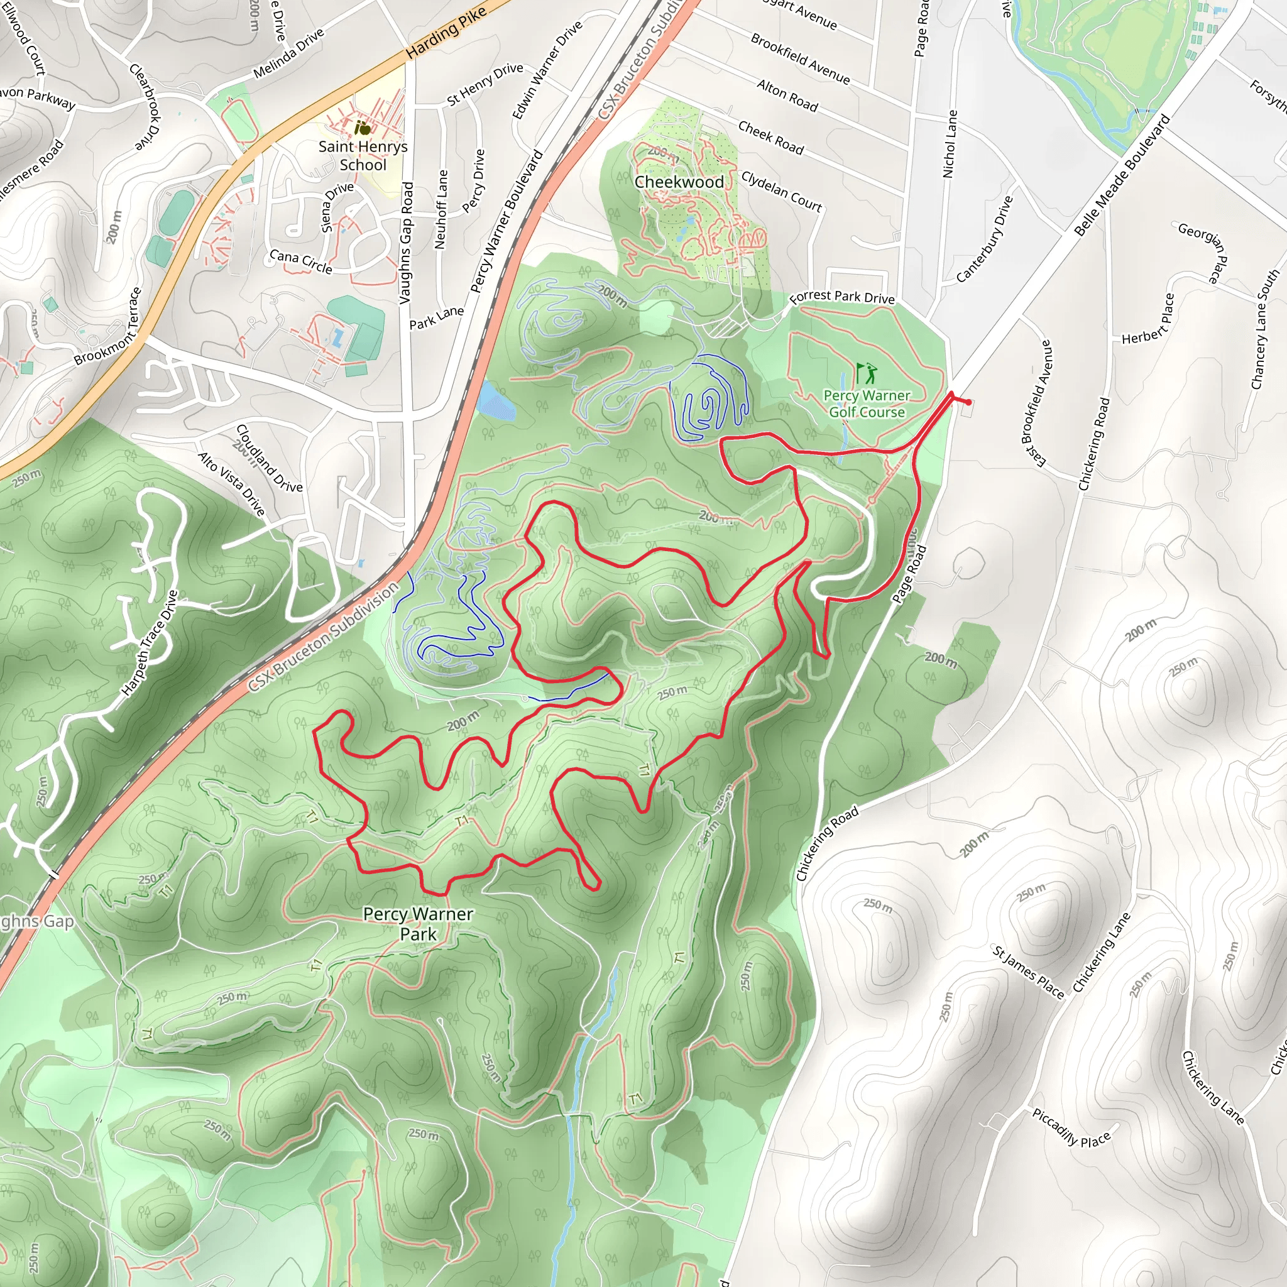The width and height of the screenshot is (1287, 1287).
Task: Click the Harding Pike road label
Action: (x=446, y=32)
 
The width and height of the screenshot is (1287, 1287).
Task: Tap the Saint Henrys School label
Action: (x=363, y=155)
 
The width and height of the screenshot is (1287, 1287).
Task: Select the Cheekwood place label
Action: (x=679, y=182)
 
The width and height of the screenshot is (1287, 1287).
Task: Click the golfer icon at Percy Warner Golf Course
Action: (x=866, y=373)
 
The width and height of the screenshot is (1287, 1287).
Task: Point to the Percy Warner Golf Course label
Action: (x=867, y=403)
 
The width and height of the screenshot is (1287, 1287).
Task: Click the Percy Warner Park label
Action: (x=418, y=924)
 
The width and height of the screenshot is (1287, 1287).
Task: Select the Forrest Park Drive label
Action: (x=842, y=297)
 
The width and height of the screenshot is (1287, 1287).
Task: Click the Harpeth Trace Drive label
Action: (x=150, y=643)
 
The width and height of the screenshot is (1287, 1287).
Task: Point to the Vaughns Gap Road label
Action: (x=406, y=243)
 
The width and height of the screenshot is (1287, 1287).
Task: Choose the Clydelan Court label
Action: (x=781, y=191)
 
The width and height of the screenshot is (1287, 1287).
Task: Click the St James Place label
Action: (x=1028, y=972)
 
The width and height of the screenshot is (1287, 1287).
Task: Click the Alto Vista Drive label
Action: (x=232, y=484)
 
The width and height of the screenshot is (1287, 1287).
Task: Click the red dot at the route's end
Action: (x=968, y=402)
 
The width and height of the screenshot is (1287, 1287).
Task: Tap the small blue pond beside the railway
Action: (x=496, y=400)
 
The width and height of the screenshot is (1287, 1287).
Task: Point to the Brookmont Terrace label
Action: (x=108, y=326)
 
